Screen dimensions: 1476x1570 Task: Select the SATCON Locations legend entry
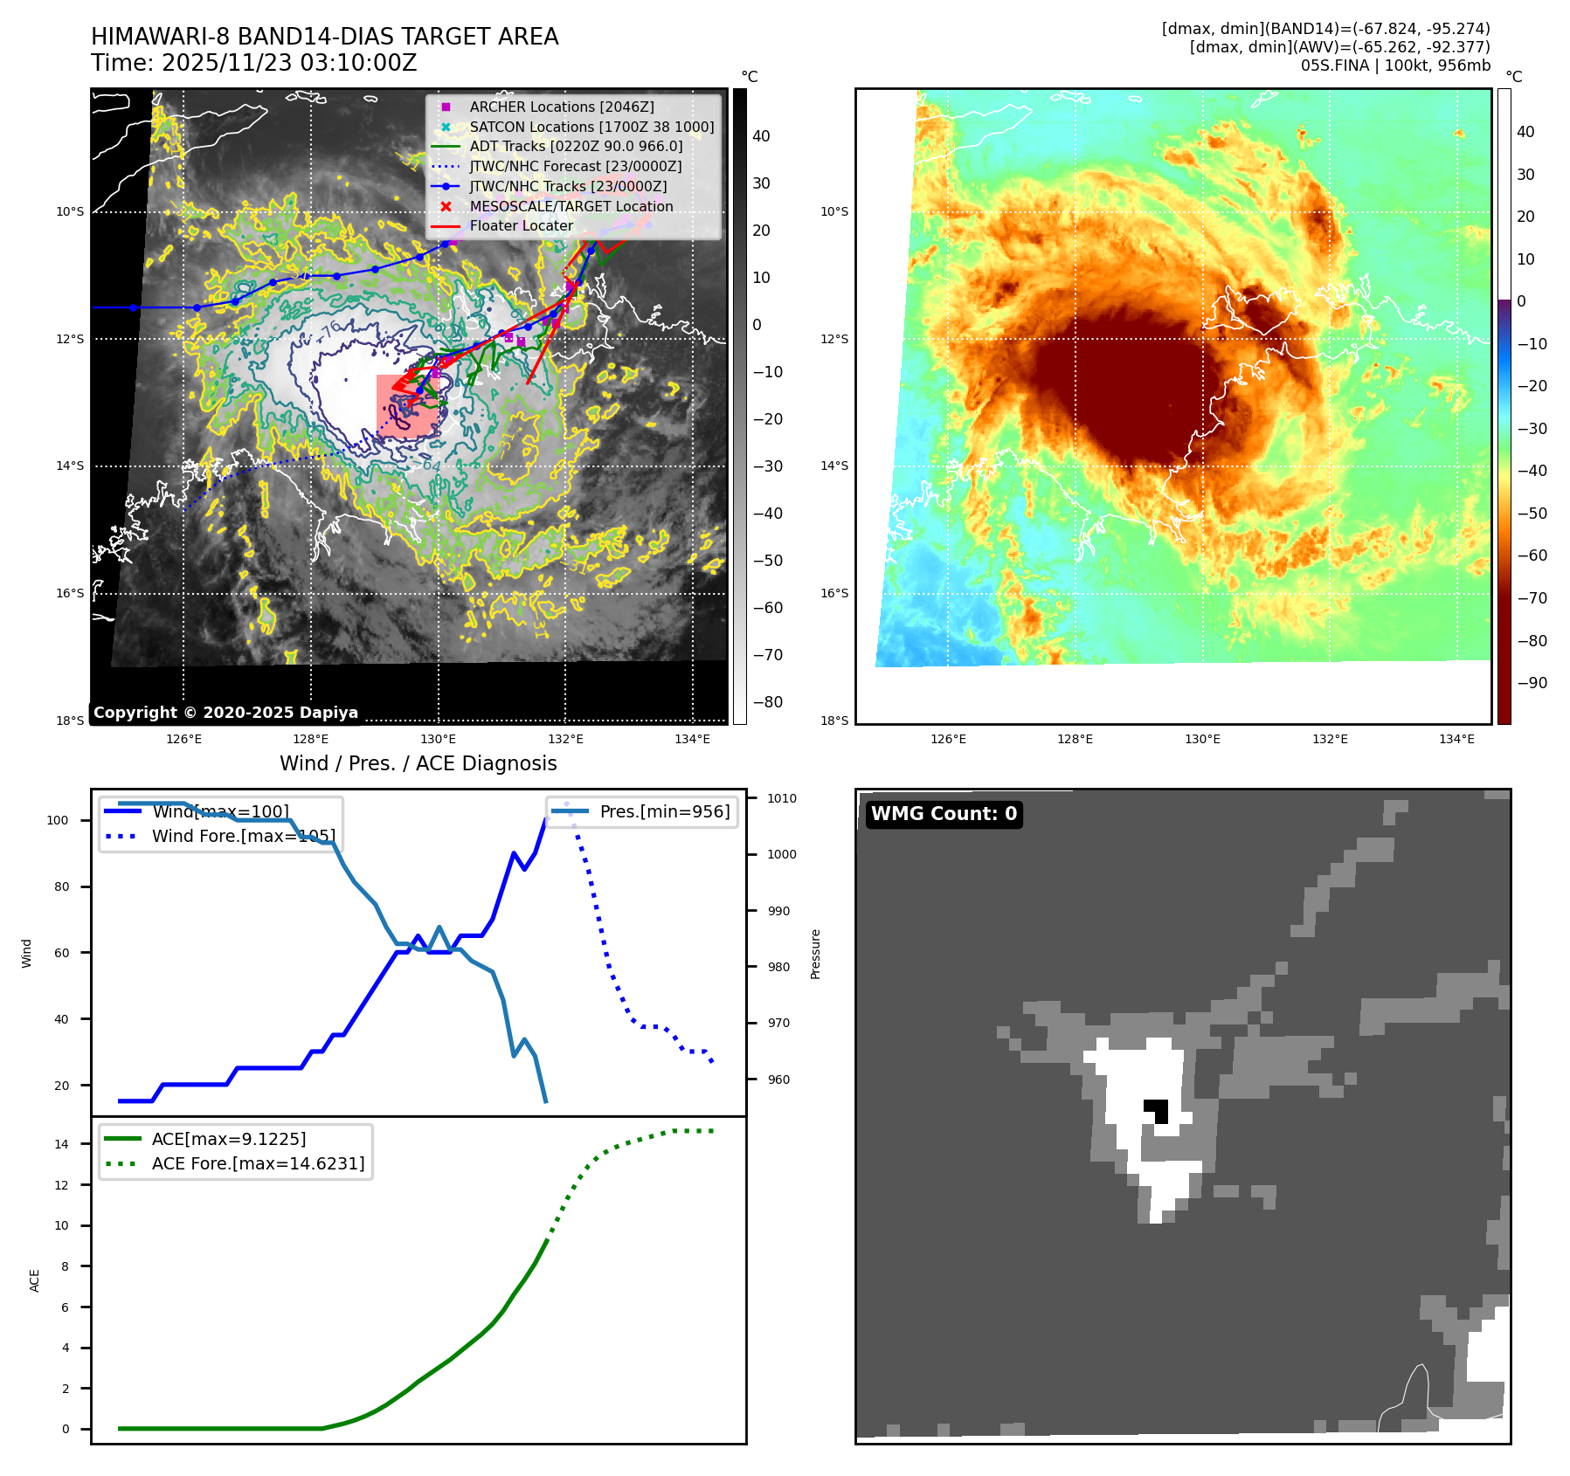pyautogui.click(x=591, y=127)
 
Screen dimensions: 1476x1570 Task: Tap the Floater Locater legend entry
pyautogui.click(x=521, y=225)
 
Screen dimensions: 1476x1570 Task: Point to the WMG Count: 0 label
pyautogui.click(x=944, y=814)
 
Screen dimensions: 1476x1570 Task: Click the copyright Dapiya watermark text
pyautogui.click(x=225, y=713)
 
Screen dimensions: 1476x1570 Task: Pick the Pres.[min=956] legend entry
pyautogui.click(x=664, y=811)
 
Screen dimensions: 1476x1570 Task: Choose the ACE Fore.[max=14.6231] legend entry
pyautogui.click(x=258, y=1163)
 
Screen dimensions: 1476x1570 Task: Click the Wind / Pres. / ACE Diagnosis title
pyautogui.click(x=418, y=763)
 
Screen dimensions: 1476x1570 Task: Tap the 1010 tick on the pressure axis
pyautogui.click(x=781, y=798)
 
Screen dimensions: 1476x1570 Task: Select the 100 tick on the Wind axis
pyautogui.click(x=58, y=820)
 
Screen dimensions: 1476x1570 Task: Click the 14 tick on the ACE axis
pyautogui.click(x=61, y=1144)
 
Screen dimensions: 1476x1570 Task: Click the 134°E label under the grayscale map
pyautogui.click(x=692, y=739)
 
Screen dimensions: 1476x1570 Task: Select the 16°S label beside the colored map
pyautogui.click(x=833, y=593)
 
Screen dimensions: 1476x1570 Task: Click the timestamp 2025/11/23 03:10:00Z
pyautogui.click(x=288, y=63)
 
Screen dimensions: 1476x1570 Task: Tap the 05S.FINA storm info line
pyautogui.click(x=1394, y=66)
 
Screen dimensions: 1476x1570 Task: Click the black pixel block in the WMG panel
pyautogui.click(x=1157, y=1110)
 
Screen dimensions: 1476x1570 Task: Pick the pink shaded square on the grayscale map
pyautogui.click(x=407, y=405)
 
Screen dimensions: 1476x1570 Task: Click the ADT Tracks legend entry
pyautogui.click(x=575, y=147)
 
